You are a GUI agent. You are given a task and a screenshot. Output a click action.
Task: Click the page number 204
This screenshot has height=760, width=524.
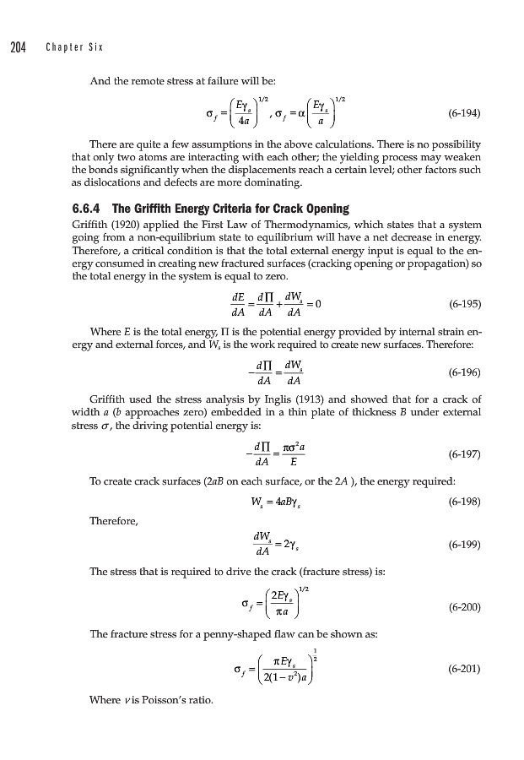pos(18,46)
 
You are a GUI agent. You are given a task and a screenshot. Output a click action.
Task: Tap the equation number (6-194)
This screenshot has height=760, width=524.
pos(463,109)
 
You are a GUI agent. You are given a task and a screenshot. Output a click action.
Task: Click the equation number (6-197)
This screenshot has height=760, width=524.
pos(463,453)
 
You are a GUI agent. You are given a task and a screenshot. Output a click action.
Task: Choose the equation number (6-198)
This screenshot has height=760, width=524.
pos(463,501)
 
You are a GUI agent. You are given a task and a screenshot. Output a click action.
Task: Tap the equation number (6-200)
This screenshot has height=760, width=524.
pos(463,607)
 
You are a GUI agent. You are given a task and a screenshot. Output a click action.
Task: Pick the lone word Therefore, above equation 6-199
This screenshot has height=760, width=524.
pos(115,521)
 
